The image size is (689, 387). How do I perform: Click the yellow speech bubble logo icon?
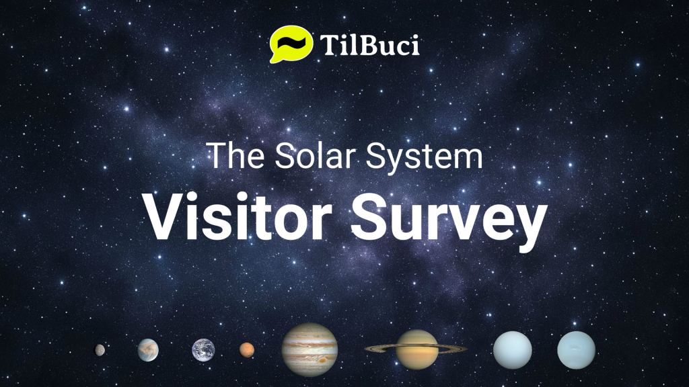coord(291,44)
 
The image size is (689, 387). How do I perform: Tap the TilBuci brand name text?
coord(369,45)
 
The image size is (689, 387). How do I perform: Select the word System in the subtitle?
coord(424,158)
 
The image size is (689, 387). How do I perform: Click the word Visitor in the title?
coord(236,218)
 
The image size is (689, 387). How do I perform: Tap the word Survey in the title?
coord(448,222)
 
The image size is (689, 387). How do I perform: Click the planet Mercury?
coord(100,349)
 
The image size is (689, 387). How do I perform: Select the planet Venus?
coord(148,349)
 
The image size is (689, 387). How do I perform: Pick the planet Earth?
coord(203,350)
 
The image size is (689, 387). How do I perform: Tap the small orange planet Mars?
coord(247,349)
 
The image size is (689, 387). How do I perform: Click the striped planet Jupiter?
coord(310,349)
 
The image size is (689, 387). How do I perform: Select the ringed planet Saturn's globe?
coord(416,349)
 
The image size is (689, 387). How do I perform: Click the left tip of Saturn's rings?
coord(365,349)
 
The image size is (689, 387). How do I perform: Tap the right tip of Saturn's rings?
coord(466,349)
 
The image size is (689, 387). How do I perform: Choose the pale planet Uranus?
coord(512,349)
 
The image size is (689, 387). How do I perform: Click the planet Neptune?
coord(576,349)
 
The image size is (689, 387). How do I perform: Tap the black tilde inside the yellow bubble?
coord(291,43)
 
